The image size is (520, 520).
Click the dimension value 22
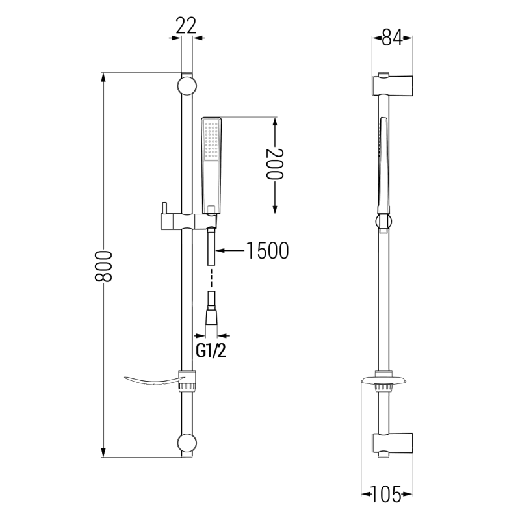coord(185,25)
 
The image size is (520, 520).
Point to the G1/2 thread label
coord(211,351)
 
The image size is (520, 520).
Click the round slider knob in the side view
coord(383,222)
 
